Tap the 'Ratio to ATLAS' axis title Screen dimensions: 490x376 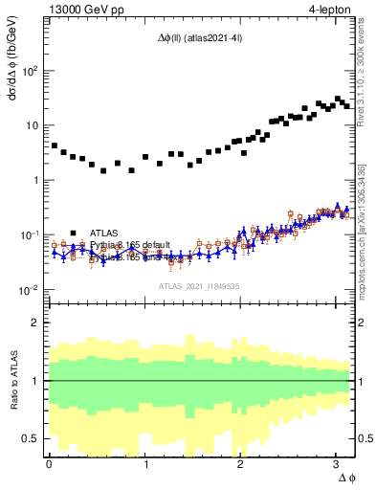(x=13, y=380)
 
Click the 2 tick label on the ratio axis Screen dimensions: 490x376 (x=36, y=323)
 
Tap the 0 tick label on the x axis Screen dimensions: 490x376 (x=49, y=462)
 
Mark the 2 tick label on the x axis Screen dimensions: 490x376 (x=240, y=462)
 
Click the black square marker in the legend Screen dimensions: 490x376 (x=73, y=233)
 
